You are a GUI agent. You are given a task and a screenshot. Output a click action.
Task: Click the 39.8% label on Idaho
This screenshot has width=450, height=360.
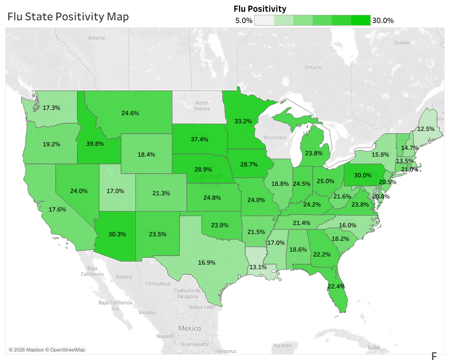tap(95, 144)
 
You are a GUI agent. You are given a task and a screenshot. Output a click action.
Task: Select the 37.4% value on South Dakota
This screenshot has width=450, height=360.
tap(199, 139)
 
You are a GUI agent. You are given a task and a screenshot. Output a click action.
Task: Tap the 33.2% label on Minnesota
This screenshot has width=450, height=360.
tap(243, 121)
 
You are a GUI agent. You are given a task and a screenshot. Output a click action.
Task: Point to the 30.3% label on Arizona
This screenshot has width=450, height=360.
tap(117, 234)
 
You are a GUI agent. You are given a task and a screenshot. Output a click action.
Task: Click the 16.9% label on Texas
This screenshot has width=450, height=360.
tap(207, 262)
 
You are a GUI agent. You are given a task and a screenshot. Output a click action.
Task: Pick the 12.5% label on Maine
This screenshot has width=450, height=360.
tap(426, 129)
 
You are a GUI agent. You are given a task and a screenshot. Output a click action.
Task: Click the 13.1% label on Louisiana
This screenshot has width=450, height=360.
tap(257, 266)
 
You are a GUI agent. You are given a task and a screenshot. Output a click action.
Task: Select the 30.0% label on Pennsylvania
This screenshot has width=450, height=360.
tap(363, 175)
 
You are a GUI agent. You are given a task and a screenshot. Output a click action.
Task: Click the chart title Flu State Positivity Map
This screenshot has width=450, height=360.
tap(68, 17)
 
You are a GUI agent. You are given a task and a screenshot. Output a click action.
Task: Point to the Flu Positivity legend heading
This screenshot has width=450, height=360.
tap(260, 9)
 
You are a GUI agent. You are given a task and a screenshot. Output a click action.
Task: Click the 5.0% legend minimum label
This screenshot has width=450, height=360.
tap(244, 20)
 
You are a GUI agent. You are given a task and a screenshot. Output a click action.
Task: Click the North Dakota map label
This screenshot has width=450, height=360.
tap(202, 106)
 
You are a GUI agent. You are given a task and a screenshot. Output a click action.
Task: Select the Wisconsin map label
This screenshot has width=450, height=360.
tap(275, 137)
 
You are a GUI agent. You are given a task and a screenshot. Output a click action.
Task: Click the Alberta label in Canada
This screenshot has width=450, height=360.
tap(96, 38)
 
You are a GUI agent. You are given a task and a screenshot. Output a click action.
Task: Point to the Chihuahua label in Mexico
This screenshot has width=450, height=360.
tap(158, 284)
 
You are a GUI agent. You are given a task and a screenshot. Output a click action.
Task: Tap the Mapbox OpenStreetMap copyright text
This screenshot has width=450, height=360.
tap(47, 350)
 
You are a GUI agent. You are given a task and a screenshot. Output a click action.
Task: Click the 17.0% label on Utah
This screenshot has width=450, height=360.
tap(115, 191)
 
